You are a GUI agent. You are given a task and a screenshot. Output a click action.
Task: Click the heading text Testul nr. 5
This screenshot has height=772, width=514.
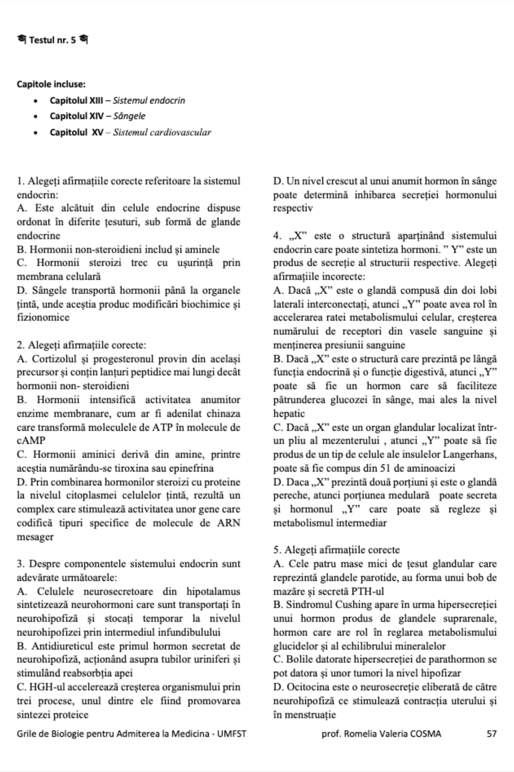pyautogui.click(x=52, y=40)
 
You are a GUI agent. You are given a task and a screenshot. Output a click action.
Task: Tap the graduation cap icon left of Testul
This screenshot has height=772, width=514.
pyautogui.click(x=22, y=39)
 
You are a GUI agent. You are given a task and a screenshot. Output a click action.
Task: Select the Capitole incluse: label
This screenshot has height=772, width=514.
pyautogui.click(x=51, y=84)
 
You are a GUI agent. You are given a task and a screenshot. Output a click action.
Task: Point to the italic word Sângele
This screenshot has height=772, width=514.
pyautogui.click(x=129, y=116)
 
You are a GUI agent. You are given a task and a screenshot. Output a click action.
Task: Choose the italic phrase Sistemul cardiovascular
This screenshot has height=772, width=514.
pyautogui.click(x=162, y=132)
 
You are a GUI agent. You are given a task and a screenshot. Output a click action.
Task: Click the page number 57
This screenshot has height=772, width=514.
pyautogui.click(x=491, y=734)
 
